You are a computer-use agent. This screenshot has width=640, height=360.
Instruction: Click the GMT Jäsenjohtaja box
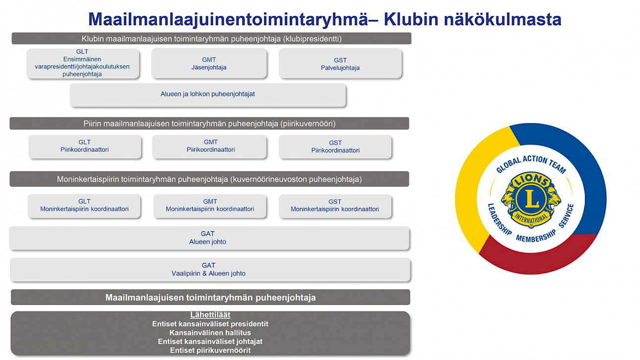pyautogui.click(x=209, y=63)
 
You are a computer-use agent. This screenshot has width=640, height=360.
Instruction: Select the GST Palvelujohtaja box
pyautogui.click(x=340, y=63)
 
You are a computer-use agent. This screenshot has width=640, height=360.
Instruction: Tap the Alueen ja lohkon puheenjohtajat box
pyautogui.click(x=208, y=95)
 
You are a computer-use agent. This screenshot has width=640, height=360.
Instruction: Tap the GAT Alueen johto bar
pyautogui.click(x=210, y=238)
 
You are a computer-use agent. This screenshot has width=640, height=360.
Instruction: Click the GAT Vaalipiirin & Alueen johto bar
pyautogui.click(x=210, y=270)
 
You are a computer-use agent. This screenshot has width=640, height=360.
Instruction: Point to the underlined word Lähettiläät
pyautogui.click(x=211, y=315)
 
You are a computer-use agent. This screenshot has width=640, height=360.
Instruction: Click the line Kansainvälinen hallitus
pyautogui.click(x=211, y=333)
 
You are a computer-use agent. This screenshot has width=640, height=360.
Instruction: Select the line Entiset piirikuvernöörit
pyautogui.click(x=211, y=351)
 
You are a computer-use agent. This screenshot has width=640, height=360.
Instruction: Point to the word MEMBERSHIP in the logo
pyautogui.click(x=536, y=236)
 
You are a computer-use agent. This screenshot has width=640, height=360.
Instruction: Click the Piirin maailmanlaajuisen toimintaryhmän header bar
pyautogui.click(x=210, y=123)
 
